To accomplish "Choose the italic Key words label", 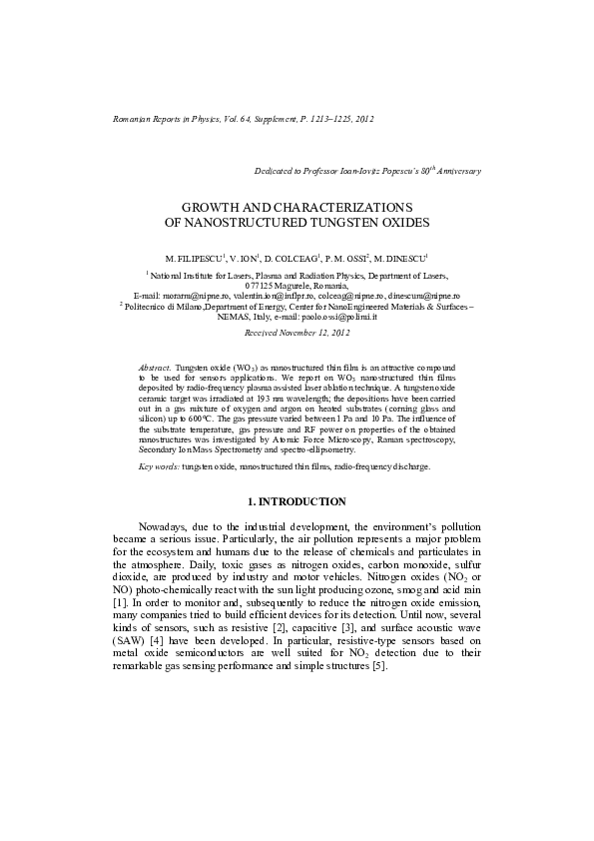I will point(159,466).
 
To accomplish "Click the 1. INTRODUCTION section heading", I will point(297,501).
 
